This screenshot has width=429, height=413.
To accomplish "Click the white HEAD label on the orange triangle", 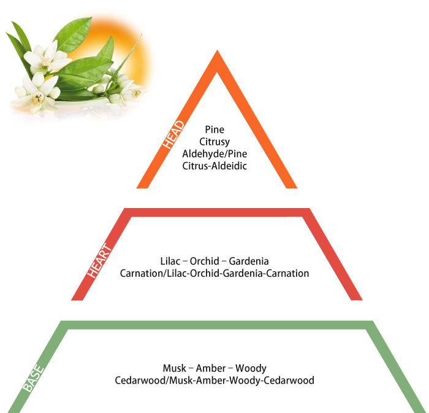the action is [x=173, y=135].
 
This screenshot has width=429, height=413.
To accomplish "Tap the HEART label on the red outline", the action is [x=99, y=261].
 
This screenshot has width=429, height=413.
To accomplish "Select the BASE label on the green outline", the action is [x=33, y=378].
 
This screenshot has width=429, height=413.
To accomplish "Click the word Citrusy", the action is [x=214, y=142].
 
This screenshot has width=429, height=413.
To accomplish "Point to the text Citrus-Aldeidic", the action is [x=214, y=166].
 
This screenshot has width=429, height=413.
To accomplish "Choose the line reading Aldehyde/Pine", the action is [x=214, y=154].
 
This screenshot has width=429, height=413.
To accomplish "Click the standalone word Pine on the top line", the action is [x=214, y=129].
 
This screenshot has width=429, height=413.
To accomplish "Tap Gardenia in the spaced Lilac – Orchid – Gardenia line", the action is [x=249, y=261].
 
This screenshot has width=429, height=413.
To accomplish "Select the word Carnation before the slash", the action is [x=141, y=273].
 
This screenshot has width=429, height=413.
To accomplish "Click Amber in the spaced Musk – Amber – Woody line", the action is [x=211, y=368].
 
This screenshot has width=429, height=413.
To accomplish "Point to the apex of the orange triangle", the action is [x=217, y=50].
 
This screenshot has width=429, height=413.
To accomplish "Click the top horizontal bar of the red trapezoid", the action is [x=217, y=212].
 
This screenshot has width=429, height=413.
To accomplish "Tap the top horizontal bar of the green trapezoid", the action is [x=217, y=325].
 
